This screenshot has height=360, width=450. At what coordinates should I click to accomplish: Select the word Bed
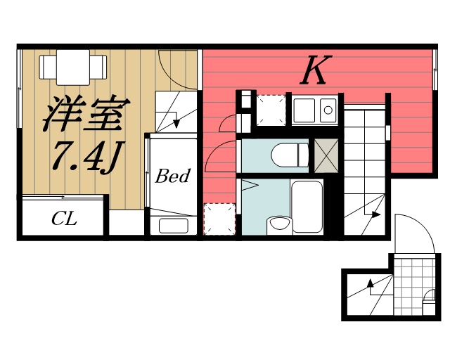[172, 176]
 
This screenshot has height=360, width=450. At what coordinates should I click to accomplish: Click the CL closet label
[63, 219]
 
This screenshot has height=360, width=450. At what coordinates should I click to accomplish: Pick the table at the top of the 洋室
[73, 67]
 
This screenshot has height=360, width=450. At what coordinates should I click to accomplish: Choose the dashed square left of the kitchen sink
[269, 110]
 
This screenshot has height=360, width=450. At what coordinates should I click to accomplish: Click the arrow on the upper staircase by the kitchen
[374, 214]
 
